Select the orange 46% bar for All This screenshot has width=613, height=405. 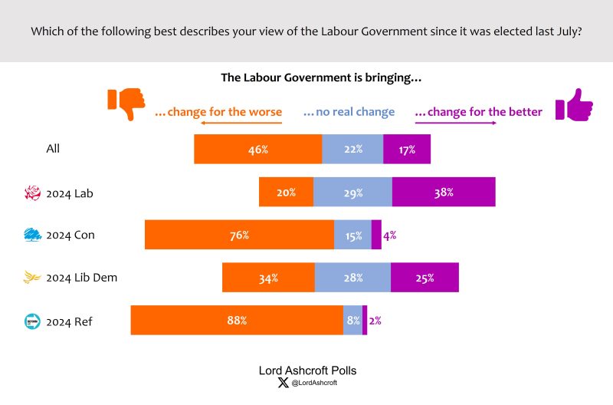point(257,149)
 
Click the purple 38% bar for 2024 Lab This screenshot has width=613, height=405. point(444,192)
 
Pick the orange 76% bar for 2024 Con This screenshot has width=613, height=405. point(239,235)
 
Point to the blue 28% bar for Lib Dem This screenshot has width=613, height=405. point(352,277)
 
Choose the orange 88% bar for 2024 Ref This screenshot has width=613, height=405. point(237,320)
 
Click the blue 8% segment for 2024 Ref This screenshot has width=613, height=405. point(352,320)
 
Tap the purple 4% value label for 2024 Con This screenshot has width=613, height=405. point(389,235)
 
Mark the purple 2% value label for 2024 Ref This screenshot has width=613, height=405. point(375,321)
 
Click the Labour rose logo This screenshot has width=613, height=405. point(33,193)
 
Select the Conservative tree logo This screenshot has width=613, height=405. point(33,235)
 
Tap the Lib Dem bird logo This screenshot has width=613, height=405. point(33,278)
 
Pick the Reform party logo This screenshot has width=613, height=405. point(33,321)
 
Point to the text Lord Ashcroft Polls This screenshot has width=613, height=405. point(307,370)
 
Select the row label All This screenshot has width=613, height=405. point(53,149)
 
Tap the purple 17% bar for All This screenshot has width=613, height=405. point(407,149)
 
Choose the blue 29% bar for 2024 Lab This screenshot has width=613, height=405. point(352,192)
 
